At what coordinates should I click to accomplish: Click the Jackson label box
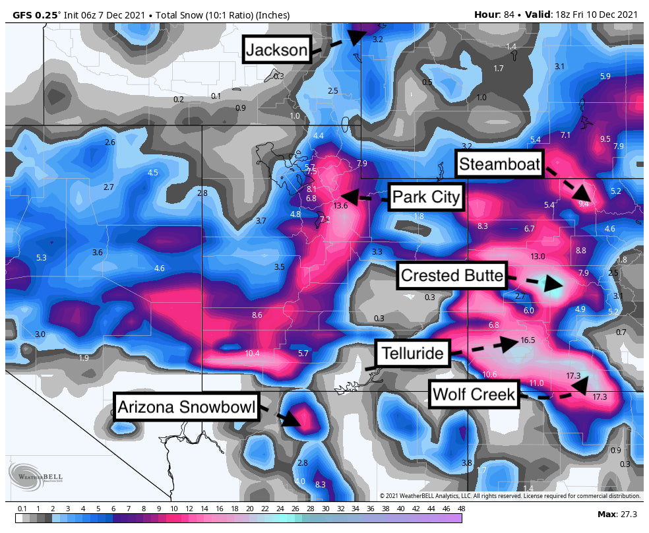(277, 49)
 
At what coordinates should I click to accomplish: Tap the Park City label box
(425, 197)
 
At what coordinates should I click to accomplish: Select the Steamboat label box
(499, 164)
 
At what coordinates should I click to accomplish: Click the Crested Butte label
(452, 276)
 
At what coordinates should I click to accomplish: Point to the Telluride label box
(413, 354)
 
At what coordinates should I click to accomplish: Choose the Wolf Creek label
(473, 394)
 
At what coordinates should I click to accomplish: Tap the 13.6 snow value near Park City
(340, 206)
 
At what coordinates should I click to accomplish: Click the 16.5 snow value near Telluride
(527, 340)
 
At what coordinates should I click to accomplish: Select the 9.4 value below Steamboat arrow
(583, 204)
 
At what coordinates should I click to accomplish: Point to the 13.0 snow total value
(538, 256)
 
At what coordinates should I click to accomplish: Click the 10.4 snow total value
(252, 354)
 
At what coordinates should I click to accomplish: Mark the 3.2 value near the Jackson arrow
(377, 40)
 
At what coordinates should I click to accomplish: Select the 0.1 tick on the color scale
(22, 509)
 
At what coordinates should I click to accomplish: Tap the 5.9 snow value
(605, 77)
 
